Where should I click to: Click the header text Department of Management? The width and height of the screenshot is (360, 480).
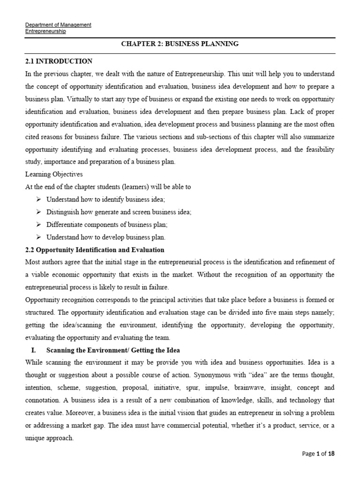pos(58,25)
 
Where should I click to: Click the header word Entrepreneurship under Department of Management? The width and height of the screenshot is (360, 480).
pos(45,31)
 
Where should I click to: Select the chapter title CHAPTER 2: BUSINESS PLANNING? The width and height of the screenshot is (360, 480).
pos(180,44)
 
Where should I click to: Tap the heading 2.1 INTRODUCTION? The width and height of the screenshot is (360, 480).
pos(59,61)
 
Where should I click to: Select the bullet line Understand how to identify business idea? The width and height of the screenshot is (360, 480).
pos(105,200)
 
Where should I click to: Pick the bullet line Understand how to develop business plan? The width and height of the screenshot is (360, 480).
pos(106,237)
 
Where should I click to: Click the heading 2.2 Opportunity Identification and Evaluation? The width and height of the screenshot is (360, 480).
pos(94,250)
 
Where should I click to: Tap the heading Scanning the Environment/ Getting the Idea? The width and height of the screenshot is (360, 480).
pos(113,351)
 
